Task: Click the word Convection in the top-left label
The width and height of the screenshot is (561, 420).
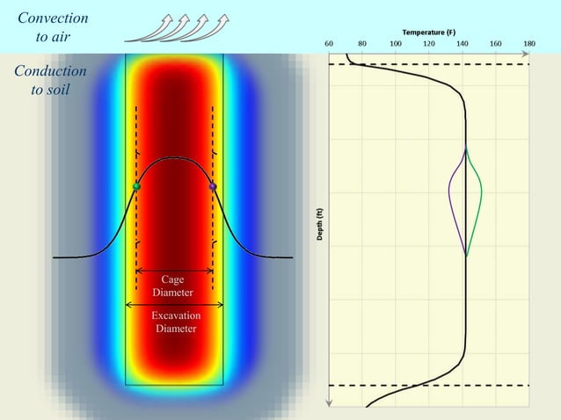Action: click(53, 18)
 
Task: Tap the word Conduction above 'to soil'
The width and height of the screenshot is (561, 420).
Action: click(50, 71)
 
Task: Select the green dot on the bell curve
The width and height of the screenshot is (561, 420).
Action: click(136, 186)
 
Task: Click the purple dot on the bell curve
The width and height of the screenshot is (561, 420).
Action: click(213, 186)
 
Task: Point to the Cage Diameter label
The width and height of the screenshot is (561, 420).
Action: click(172, 286)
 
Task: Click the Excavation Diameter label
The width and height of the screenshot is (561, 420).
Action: click(176, 322)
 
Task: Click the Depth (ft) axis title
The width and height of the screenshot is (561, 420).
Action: click(320, 224)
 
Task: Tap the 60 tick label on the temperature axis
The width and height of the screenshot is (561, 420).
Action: click(329, 43)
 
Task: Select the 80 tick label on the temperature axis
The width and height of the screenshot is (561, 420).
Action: click(362, 43)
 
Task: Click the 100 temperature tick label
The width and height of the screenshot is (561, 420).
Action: click(396, 43)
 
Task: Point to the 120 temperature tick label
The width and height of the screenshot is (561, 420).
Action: click(429, 43)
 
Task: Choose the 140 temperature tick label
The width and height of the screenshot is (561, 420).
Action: click(463, 43)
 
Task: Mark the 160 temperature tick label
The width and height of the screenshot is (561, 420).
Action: click(496, 43)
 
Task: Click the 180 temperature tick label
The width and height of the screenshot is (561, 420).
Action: click(529, 43)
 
